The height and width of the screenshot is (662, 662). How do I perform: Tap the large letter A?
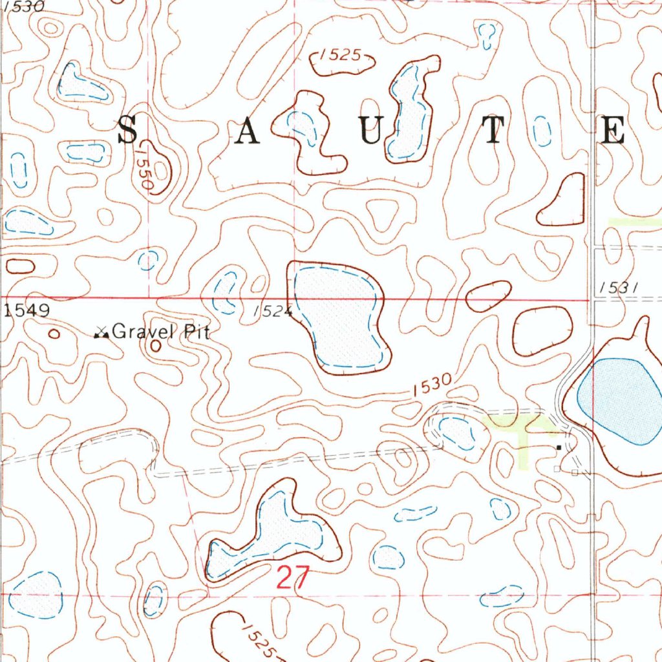tap(247, 132)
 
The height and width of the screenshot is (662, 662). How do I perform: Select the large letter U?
tap(371, 131)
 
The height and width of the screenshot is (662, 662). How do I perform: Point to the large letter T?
tap(493, 131)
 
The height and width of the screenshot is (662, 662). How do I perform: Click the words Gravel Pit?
tap(161, 333)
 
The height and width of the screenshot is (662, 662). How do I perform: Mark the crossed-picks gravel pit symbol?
tap(101, 334)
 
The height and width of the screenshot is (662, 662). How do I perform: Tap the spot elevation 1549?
tap(27, 311)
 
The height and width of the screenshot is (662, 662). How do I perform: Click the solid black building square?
tap(558, 446)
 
